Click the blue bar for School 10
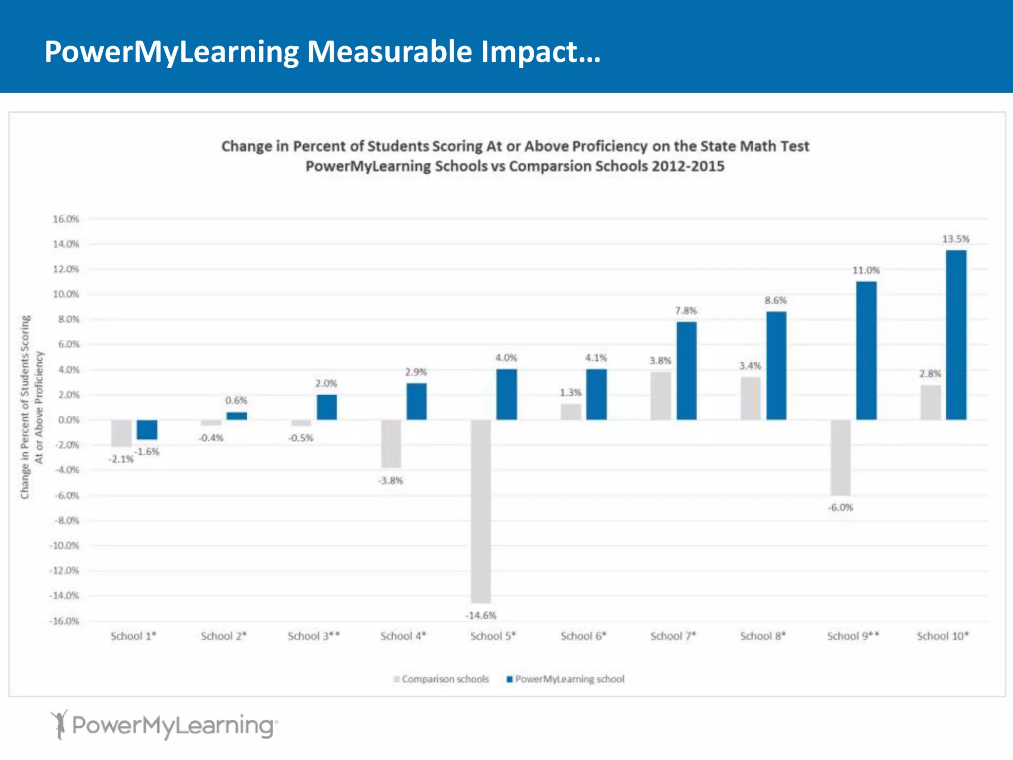click(x=956, y=335)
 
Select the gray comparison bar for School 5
click(x=481, y=511)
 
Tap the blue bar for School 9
click(x=866, y=350)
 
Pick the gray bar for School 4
click(x=391, y=443)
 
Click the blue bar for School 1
click(x=147, y=429)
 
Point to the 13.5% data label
click(x=956, y=239)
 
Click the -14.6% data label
click(x=481, y=616)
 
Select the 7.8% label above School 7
click(x=686, y=311)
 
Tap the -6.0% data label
click(x=841, y=508)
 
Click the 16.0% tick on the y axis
click(x=66, y=219)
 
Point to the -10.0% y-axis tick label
click(x=64, y=546)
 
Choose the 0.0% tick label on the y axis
click(x=68, y=420)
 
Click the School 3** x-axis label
click(x=314, y=636)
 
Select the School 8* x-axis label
click(x=763, y=636)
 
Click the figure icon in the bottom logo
click(x=59, y=724)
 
